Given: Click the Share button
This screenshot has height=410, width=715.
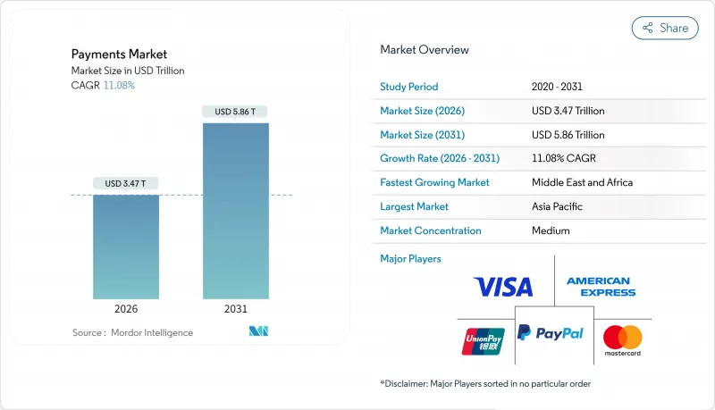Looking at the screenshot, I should (665, 28).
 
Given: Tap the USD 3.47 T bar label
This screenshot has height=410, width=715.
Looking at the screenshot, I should (126, 184).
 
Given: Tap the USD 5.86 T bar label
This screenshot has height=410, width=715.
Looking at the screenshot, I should (236, 112).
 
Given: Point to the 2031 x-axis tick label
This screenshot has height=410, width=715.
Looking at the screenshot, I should (236, 308).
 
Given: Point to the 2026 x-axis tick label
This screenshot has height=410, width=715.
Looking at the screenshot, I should (126, 308).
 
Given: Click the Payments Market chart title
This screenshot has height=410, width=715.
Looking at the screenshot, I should (119, 54).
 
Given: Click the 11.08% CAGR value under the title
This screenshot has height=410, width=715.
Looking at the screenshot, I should (119, 85).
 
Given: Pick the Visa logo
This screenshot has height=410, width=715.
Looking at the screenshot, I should (502, 287).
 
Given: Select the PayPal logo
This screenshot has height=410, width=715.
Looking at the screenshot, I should (551, 333).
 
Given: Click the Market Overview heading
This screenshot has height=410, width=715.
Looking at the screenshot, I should (425, 50).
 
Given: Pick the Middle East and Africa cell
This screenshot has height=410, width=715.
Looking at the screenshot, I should (581, 182).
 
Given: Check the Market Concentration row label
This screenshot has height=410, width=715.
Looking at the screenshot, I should (431, 230).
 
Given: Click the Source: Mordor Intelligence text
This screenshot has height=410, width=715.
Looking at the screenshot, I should (132, 332).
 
